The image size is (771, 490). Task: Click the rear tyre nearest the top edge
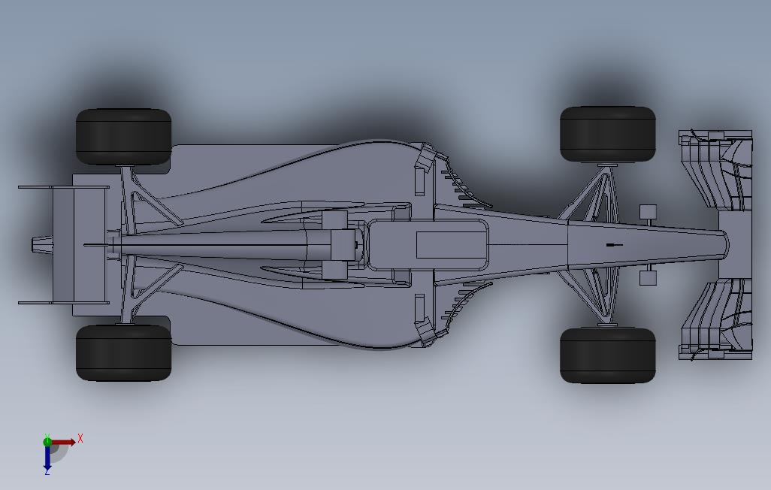123,137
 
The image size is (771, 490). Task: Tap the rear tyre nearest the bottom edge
123,352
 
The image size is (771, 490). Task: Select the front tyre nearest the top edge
607,134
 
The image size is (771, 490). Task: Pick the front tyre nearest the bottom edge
607,355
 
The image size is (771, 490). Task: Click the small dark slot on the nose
614,245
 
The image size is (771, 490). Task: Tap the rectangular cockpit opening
450,245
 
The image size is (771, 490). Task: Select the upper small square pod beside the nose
647,212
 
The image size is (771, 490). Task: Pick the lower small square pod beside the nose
647,278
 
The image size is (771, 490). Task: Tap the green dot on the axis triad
47,442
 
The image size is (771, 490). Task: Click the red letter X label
80,438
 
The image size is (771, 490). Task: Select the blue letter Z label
47,471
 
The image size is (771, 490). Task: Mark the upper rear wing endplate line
63,187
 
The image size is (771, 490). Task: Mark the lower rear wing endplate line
63,303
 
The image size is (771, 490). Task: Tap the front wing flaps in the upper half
714,169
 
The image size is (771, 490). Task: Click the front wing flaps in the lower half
714,319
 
